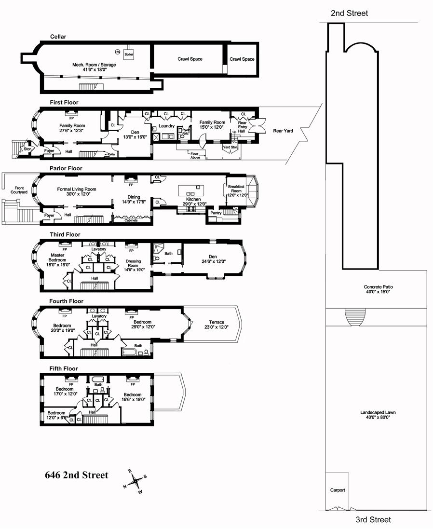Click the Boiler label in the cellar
pos(128,55)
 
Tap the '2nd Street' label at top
pos(349,14)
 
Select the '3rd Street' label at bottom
pos(373,519)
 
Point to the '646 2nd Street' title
pos(76,475)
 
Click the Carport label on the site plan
pos(338,490)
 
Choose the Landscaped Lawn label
pos(378,415)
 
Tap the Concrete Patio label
pos(379,290)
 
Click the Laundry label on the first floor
pos(166,126)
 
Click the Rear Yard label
pos(282,130)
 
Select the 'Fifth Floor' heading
pos(63,369)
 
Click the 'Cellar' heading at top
pos(58,37)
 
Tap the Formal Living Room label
pos(77,192)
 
